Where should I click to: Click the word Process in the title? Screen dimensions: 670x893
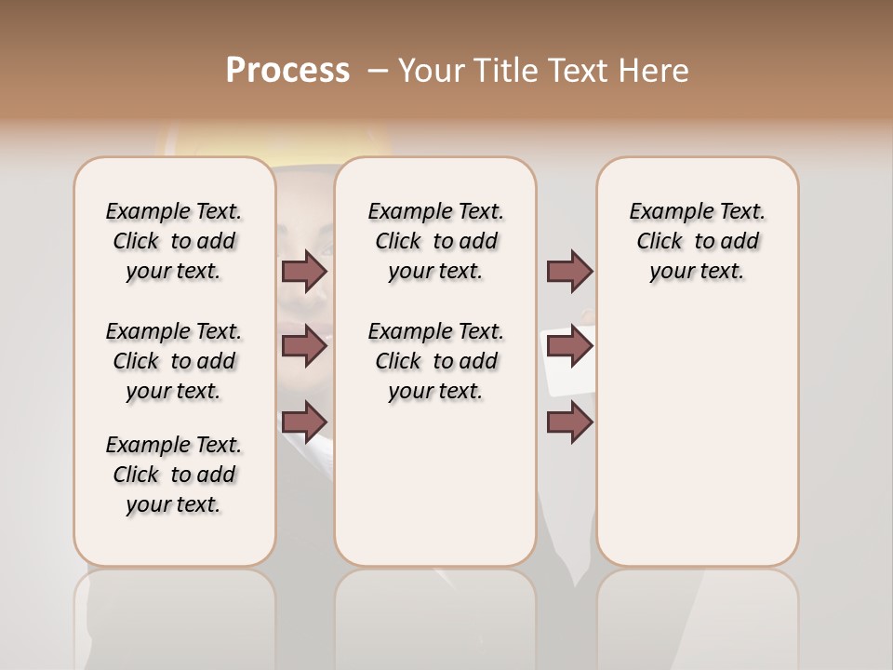click(x=287, y=71)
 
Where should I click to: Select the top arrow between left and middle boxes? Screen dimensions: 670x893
click(x=304, y=272)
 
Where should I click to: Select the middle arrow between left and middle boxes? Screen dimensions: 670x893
click(x=304, y=346)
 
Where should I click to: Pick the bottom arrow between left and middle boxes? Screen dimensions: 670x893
click(x=304, y=422)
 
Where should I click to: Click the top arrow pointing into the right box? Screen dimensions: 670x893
click(x=569, y=272)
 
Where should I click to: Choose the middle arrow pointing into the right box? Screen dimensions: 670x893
click(x=569, y=346)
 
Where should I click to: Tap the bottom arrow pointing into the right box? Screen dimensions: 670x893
click(x=569, y=422)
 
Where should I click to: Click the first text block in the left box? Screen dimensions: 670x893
click(x=174, y=241)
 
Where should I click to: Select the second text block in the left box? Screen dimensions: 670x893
click(x=174, y=361)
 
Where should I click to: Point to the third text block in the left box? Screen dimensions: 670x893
click(x=174, y=475)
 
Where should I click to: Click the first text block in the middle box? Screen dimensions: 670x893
click(x=435, y=241)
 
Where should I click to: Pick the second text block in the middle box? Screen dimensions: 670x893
click(x=435, y=361)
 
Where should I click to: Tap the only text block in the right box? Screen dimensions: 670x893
click(x=697, y=241)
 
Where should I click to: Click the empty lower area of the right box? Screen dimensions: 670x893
click(x=697, y=447)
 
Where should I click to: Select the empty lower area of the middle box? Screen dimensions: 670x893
click(x=435, y=484)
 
